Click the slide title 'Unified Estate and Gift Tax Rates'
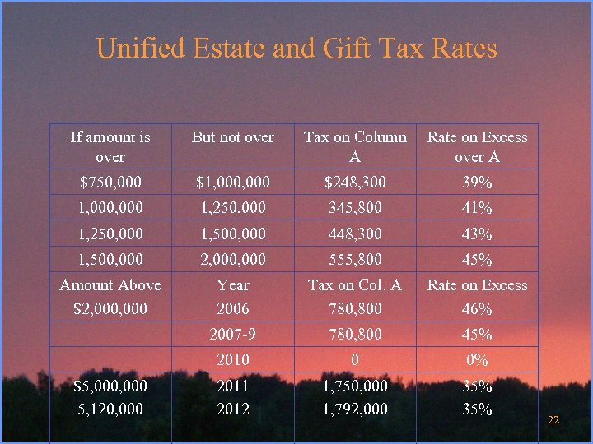296,48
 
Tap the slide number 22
553,420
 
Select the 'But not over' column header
233,137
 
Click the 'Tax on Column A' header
355,146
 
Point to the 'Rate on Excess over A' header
477,146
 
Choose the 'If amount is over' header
110,146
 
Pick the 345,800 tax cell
355,208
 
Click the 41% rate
477,208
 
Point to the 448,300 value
355,234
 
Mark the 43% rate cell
477,234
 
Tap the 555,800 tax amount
355,259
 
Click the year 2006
233,309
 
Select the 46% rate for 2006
477,309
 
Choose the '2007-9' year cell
233,335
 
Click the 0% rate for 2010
477,359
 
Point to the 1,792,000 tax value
355,409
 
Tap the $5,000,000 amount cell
110,386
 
